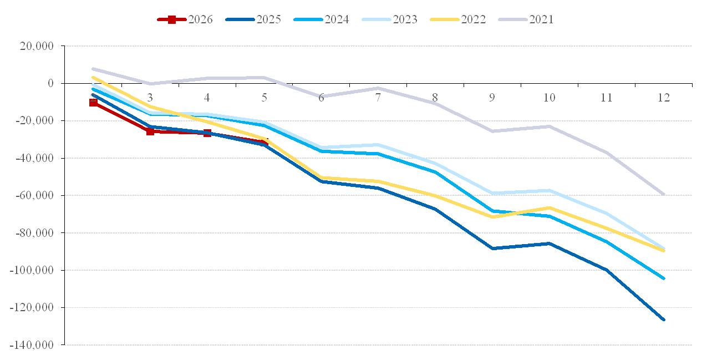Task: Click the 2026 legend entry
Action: (185, 19)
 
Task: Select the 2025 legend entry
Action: (253, 19)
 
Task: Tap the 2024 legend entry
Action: (321, 19)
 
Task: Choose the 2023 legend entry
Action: (389, 19)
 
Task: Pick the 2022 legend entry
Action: (458, 19)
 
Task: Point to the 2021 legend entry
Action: (526, 19)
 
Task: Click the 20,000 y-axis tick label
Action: (37, 46)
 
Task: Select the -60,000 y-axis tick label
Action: (35, 195)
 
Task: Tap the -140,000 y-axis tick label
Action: (32, 345)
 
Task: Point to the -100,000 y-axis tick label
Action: (32, 270)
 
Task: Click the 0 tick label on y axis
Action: (50, 83)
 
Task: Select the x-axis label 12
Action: (664, 98)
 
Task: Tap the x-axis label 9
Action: (492, 98)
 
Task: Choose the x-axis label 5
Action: (264, 98)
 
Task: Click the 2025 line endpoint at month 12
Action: (664, 320)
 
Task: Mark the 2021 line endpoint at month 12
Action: (664, 194)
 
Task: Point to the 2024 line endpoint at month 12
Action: (664, 278)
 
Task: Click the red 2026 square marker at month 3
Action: (150, 131)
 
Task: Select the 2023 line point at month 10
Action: (550, 190)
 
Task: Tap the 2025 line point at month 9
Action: (492, 249)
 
